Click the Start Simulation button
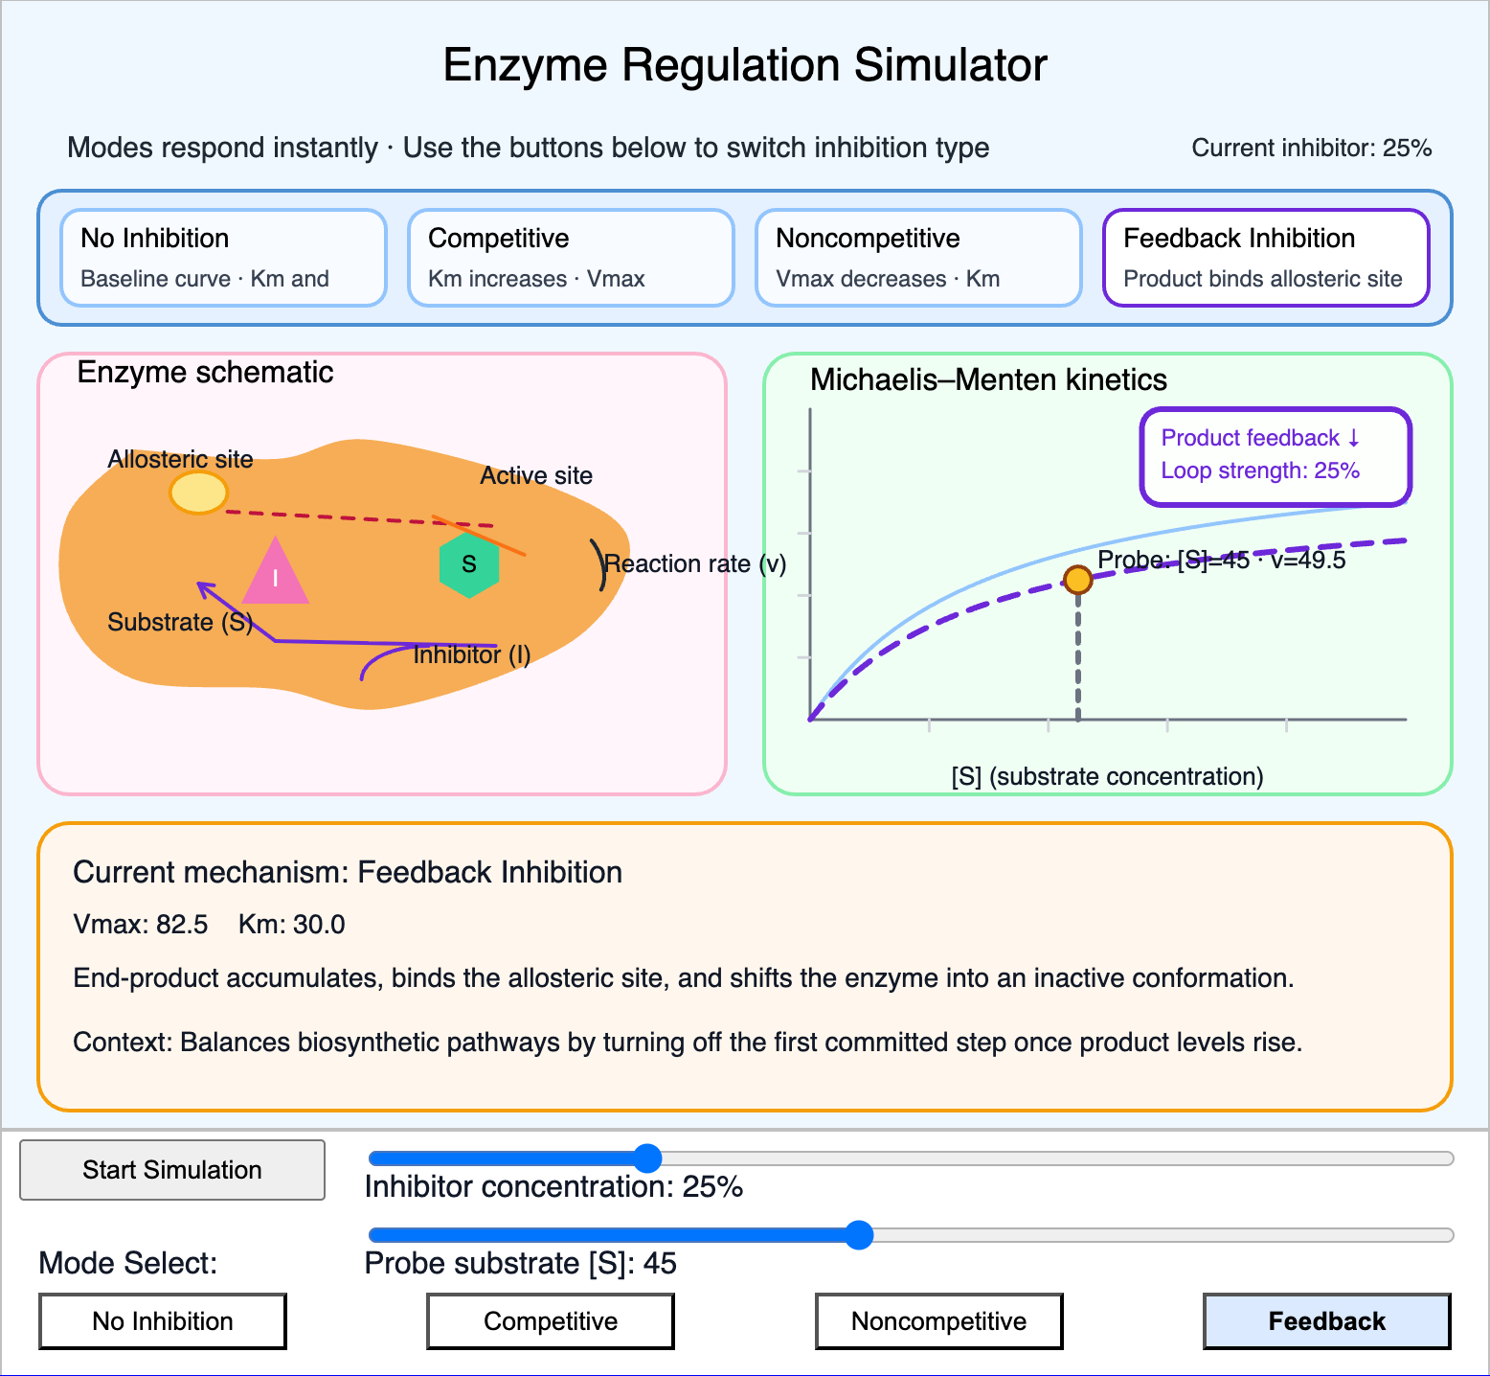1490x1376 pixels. point(172,1170)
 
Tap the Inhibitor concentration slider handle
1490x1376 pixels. point(648,1158)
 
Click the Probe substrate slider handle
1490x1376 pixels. point(860,1235)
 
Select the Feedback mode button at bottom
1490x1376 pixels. point(1326,1321)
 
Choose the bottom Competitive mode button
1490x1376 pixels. point(551,1321)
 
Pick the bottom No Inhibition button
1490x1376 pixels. point(163,1321)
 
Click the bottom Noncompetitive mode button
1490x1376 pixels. point(938,1321)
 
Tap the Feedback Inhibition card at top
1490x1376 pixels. point(1266,258)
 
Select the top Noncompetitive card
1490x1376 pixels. point(918,258)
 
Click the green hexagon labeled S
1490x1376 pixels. point(469,564)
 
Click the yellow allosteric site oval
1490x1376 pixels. point(199,493)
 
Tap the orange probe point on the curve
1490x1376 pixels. point(1078,579)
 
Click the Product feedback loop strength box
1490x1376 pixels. point(1276,456)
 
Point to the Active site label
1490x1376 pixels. point(536,476)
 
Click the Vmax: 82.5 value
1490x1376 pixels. point(141,925)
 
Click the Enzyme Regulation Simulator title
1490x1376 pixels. point(745,66)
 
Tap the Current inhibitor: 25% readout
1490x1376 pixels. point(1311,149)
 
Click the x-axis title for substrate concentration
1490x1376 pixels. point(1107,776)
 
